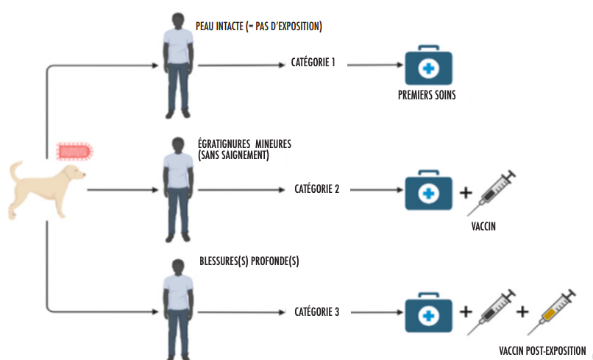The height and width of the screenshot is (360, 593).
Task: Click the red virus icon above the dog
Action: point(75,152)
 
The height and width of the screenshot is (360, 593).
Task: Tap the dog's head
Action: point(75,174)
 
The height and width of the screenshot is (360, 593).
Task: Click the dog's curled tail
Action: point(16,171)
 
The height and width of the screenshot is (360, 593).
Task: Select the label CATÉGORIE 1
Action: point(313,63)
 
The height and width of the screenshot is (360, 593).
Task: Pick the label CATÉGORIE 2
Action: point(317,189)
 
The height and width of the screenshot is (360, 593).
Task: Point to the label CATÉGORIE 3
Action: point(317,312)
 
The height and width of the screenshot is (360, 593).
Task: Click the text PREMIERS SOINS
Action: point(427,95)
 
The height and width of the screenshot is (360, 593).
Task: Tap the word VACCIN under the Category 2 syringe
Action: point(483,226)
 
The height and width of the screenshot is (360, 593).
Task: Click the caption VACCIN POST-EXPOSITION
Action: point(542,351)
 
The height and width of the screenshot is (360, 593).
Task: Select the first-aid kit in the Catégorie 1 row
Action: point(428,65)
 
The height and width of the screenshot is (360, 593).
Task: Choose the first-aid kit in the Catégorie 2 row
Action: point(428,190)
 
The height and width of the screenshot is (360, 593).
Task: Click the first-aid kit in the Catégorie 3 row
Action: point(428,312)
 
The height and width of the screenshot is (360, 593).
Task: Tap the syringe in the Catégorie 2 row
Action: point(491,193)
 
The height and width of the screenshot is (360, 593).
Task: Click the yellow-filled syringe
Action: point(551,312)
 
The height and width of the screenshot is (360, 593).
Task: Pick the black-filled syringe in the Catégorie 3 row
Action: point(491,312)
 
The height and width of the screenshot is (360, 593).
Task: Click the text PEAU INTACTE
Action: point(219,27)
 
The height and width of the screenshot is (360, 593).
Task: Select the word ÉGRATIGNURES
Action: point(224,144)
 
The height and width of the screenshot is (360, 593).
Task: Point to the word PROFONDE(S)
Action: point(275,261)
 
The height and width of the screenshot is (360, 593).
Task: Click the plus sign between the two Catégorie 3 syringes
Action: point(522,312)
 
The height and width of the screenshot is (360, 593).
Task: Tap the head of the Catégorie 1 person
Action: point(178,21)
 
